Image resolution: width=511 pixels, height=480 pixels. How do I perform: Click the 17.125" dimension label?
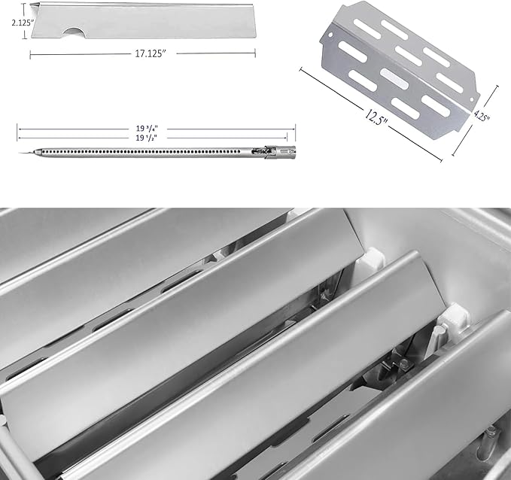[151, 53]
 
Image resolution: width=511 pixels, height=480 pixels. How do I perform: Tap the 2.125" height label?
[23, 23]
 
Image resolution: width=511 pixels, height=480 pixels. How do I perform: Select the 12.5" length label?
[377, 117]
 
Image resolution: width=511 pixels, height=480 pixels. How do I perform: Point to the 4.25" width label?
[482, 115]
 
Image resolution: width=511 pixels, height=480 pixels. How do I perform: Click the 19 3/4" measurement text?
[147, 129]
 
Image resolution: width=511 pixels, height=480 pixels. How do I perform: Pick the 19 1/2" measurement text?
[147, 138]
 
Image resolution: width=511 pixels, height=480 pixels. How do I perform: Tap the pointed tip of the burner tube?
[21, 153]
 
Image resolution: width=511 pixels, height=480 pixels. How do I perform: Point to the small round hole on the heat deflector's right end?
[471, 100]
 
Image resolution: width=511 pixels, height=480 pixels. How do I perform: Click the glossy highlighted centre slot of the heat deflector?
[395, 78]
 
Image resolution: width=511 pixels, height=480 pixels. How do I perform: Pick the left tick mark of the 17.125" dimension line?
[30, 54]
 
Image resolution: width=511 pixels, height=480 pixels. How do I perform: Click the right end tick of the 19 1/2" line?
[287, 138]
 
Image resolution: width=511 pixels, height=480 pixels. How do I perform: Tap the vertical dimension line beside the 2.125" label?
[24, 21]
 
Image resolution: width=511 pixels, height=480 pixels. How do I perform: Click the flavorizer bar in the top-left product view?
[144, 21]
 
